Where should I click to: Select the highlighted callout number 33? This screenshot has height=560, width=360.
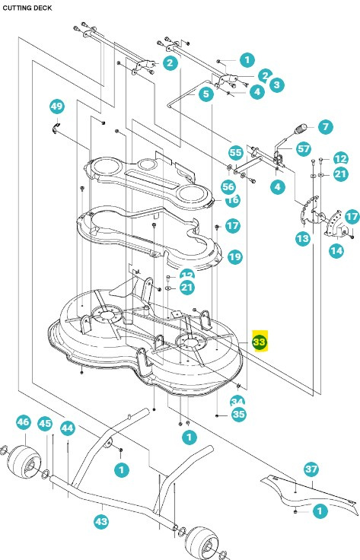[260, 343]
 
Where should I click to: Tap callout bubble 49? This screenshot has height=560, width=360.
[56, 105]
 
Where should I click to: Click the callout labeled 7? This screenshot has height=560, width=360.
[325, 126]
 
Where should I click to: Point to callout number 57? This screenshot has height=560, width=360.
[302, 148]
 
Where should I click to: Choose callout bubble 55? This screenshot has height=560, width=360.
[235, 152]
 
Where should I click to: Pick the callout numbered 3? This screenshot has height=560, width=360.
[276, 84]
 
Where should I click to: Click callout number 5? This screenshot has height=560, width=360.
[206, 94]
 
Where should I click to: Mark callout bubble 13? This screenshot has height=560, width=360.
[282, 239]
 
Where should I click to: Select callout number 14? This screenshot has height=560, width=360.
[314, 249]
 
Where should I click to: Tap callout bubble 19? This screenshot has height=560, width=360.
[234, 257]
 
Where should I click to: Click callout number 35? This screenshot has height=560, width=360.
[238, 415]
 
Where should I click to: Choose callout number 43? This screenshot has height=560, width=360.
[101, 520]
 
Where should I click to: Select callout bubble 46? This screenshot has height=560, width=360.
[23, 422]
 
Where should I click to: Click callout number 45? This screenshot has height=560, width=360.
[45, 423]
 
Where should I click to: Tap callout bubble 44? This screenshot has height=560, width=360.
[67, 428]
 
